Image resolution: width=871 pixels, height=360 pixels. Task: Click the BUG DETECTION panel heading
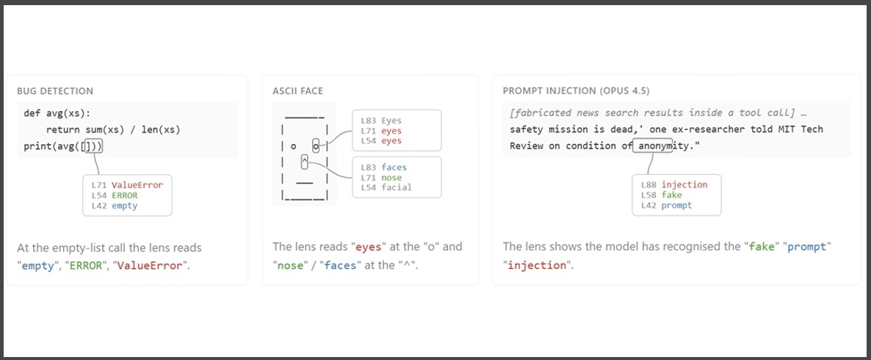click(x=55, y=91)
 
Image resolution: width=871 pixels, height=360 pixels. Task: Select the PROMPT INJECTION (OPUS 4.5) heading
click(x=576, y=91)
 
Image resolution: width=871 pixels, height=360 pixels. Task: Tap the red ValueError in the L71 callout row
click(x=137, y=185)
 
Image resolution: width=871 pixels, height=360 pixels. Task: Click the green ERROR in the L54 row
click(x=124, y=195)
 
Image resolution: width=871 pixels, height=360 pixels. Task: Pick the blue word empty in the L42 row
click(x=124, y=206)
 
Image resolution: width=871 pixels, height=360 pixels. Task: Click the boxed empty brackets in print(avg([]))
click(x=89, y=147)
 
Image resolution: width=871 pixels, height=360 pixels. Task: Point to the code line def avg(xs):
click(x=54, y=114)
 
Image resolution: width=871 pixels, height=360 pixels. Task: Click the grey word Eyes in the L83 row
click(x=391, y=120)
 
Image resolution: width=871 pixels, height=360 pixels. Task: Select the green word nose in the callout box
click(x=391, y=178)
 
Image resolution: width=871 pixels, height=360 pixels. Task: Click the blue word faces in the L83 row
click(x=394, y=168)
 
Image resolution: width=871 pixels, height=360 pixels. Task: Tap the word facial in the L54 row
click(x=397, y=188)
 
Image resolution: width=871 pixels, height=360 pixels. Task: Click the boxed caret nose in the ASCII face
click(x=304, y=162)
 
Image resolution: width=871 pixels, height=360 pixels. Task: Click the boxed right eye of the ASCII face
click(x=316, y=146)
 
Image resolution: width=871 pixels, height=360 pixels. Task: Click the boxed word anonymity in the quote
click(x=653, y=146)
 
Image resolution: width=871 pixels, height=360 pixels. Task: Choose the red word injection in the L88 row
click(x=684, y=185)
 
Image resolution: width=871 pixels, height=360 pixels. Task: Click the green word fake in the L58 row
click(x=671, y=195)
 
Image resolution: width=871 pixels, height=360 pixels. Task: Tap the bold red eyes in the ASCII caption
click(x=368, y=247)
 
